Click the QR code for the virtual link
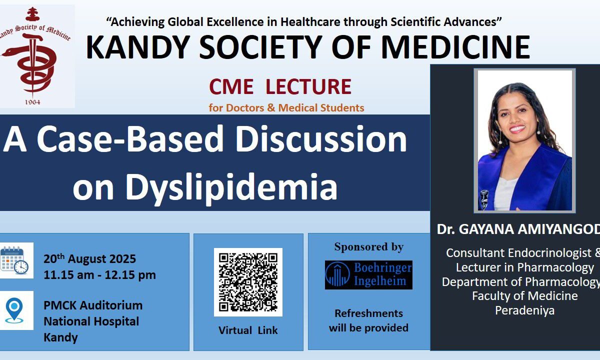click(x=248, y=282)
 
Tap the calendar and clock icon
click(x=14, y=260)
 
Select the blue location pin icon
click(x=14, y=310)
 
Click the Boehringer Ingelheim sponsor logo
click(x=368, y=275)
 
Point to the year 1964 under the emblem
click(x=32, y=102)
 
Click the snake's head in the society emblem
click(x=8, y=52)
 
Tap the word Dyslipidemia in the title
click(x=231, y=186)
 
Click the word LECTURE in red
click(x=308, y=86)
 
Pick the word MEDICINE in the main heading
click(x=455, y=47)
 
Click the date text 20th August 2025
click(x=89, y=259)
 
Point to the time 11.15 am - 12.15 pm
click(x=99, y=275)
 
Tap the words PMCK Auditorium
click(x=93, y=305)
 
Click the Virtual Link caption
click(x=248, y=330)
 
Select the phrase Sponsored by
click(x=369, y=247)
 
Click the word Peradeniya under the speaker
click(x=524, y=310)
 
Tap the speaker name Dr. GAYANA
click(x=474, y=229)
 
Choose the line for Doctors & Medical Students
click(x=286, y=107)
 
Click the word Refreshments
click(x=368, y=313)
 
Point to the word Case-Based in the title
click(x=130, y=139)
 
